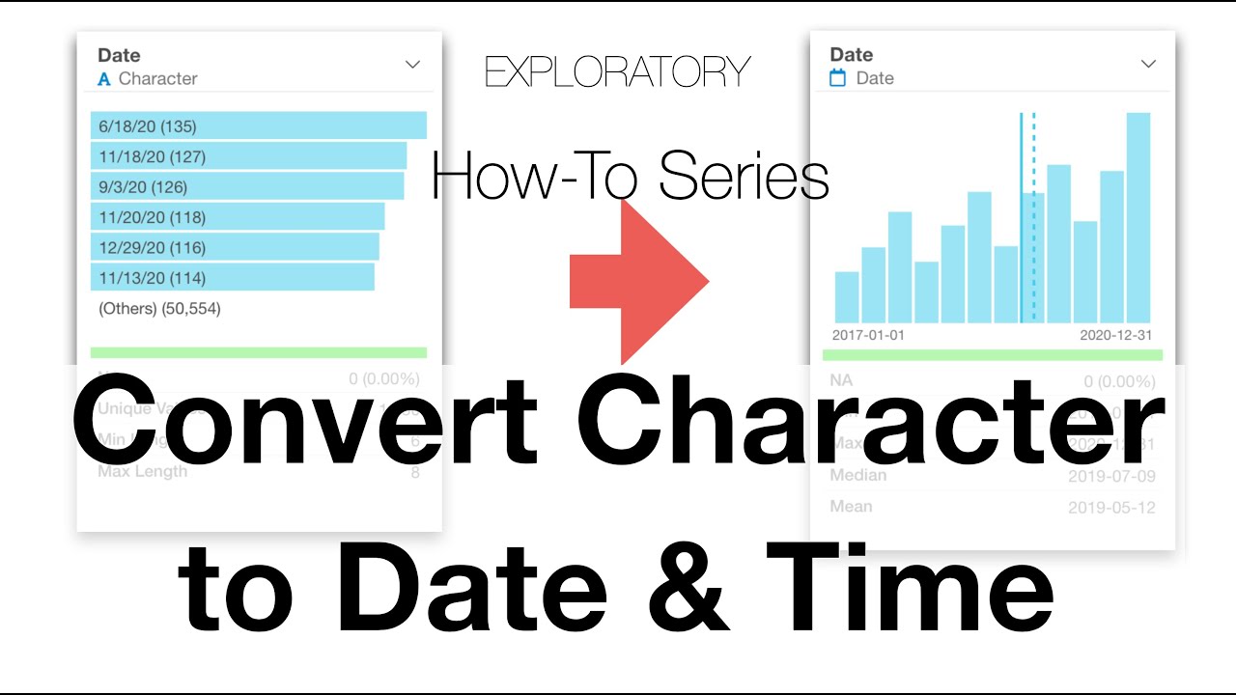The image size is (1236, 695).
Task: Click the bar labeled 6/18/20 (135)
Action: tap(259, 125)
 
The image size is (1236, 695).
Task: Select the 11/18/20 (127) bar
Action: tap(249, 156)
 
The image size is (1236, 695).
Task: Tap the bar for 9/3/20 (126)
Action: tap(247, 186)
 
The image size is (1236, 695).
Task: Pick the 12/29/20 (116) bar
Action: tap(235, 247)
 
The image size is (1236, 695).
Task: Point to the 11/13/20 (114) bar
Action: tap(233, 278)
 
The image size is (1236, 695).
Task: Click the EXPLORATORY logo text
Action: tap(618, 72)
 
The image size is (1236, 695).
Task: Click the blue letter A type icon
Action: tap(104, 80)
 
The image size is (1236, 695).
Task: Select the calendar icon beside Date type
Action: tap(838, 78)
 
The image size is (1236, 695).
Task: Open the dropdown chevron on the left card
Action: tap(412, 65)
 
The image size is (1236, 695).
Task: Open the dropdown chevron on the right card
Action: tap(1148, 64)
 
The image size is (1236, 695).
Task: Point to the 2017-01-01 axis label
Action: tap(868, 335)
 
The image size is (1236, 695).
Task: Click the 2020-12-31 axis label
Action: tap(1115, 335)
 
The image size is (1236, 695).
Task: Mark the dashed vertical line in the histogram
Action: tap(1033, 217)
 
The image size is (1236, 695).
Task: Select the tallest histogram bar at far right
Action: tap(1138, 217)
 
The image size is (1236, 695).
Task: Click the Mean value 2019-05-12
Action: tap(1111, 508)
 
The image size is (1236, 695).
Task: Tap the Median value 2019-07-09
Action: tap(1111, 476)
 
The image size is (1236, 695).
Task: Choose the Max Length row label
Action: tap(143, 472)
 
